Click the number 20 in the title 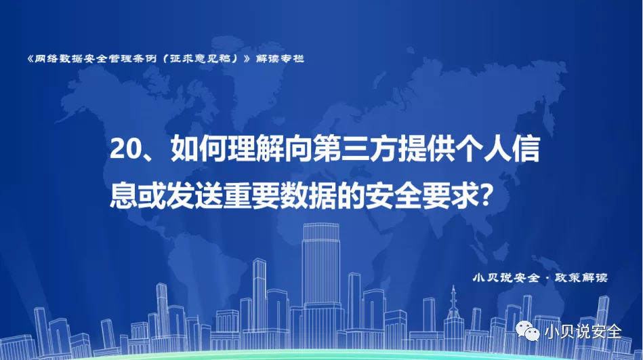pyautogui.click(x=123, y=148)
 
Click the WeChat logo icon pyautogui.click(x=527, y=330)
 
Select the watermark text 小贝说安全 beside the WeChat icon pyautogui.click(x=583, y=332)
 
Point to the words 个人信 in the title pyautogui.click(x=497, y=148)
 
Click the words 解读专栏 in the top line pyautogui.click(x=280, y=59)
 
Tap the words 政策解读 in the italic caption pyautogui.click(x=581, y=277)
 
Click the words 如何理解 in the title pyautogui.click(x=228, y=148)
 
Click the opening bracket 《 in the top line pyautogui.click(x=30, y=59)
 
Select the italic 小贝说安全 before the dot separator pyautogui.click(x=506, y=277)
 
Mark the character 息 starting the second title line pyautogui.click(x=123, y=195)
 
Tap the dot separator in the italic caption pyautogui.click(x=547, y=278)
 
